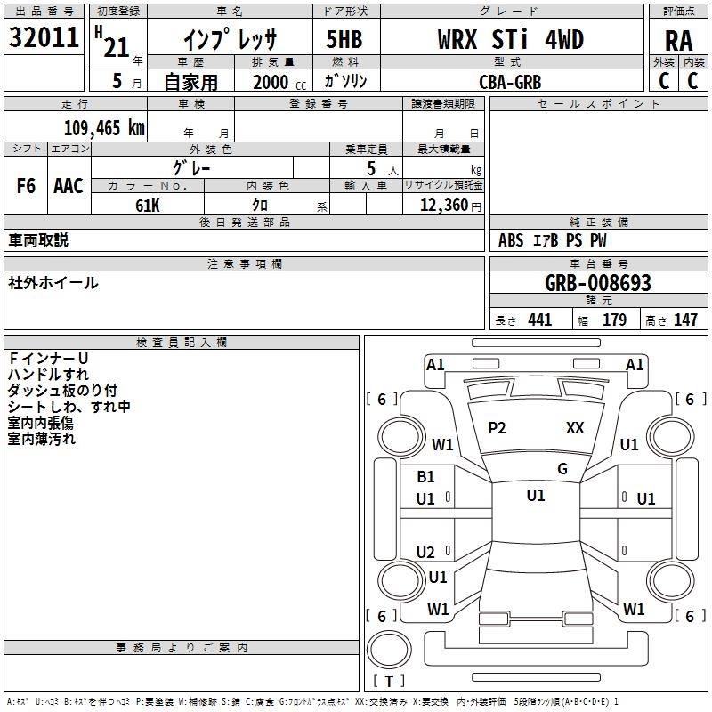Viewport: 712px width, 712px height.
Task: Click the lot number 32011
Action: tap(44, 39)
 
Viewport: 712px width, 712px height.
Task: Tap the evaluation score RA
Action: tap(678, 40)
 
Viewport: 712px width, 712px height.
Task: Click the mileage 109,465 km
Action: tap(104, 127)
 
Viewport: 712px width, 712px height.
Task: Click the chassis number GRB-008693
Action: tap(598, 283)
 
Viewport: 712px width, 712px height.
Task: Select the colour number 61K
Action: tap(148, 205)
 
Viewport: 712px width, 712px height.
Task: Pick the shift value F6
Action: tap(27, 186)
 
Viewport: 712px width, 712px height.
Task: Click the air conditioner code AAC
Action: tap(69, 186)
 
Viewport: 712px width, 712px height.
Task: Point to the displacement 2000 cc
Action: tap(277, 82)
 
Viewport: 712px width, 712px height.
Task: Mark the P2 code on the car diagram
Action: tap(497, 428)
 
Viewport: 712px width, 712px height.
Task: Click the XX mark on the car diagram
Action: tap(575, 428)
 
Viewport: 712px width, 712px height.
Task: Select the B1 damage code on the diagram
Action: tap(426, 477)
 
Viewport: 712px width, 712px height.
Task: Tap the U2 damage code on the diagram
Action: tap(426, 553)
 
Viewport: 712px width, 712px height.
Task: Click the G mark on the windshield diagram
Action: tap(562, 469)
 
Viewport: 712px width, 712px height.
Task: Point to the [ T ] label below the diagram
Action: tap(388, 681)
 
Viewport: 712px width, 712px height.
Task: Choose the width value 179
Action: tap(615, 320)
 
